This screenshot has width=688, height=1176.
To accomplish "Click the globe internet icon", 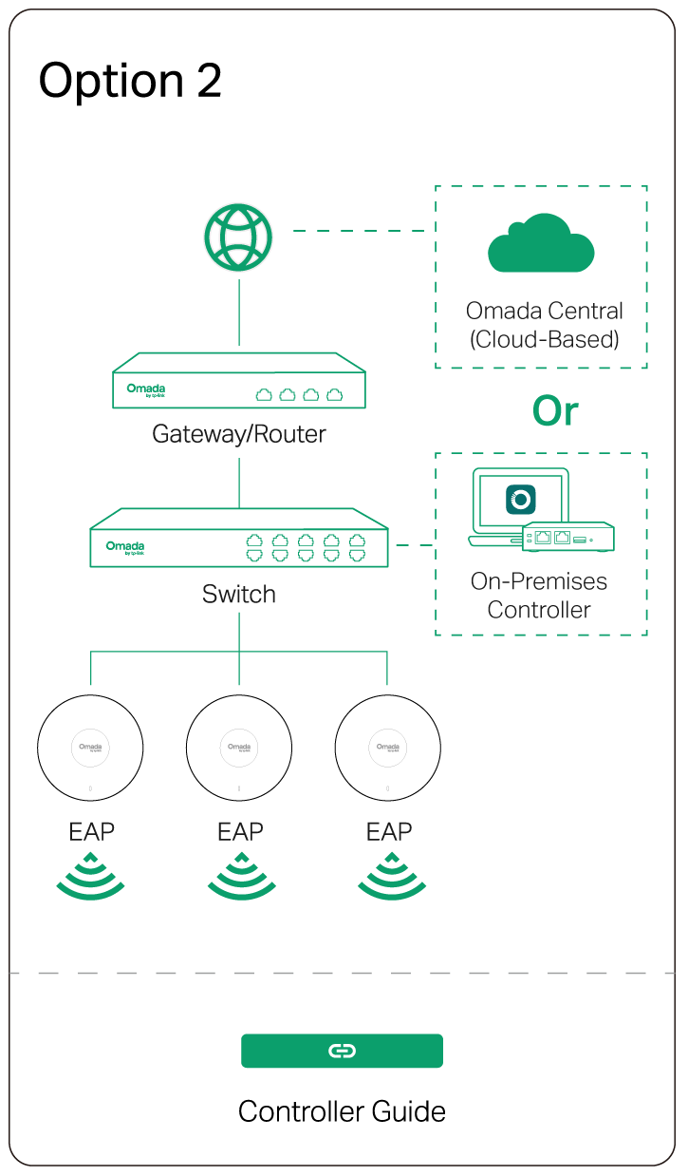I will pos(238,237).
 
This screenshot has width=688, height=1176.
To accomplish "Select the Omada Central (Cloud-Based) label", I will pos(544,325).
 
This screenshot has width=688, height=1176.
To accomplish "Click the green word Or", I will pos(555,411).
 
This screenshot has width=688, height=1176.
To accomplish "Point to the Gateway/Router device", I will pos(239,382).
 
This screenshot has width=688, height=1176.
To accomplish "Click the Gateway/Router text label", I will pos(239,435).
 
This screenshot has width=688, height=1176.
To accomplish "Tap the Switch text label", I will pos(239,595).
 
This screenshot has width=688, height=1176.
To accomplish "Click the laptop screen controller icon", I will pos(520,500).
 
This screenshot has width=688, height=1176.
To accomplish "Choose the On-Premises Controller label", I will pos(539,596).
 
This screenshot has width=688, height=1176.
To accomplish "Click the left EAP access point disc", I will pos(90,748).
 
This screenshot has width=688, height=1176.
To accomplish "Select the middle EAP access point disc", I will pos(239,748).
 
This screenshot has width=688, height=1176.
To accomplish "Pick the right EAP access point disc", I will pos(387,748).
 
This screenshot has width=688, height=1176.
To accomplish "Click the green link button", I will pos(342,1051).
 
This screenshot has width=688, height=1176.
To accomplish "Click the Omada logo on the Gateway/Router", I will pos(146,389).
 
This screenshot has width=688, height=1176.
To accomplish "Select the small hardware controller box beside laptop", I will pos(568,538).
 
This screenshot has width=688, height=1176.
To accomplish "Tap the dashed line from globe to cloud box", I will pos(361,231).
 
